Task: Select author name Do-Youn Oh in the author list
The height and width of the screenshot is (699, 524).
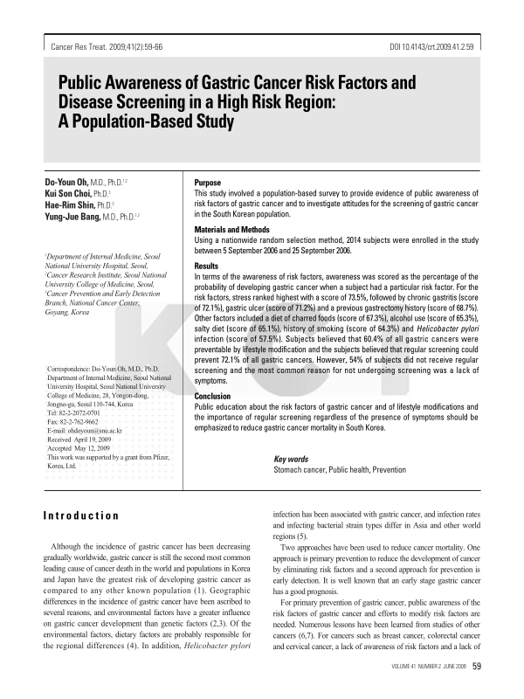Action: coord(74,181)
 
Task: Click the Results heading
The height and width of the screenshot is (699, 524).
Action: coord(206,265)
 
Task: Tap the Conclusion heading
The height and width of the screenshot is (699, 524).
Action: coord(212,396)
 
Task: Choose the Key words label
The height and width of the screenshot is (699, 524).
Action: coord(291,459)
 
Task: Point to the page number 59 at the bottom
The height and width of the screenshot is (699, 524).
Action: coord(477,667)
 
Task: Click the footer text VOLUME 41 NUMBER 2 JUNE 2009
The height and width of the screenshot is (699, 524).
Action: coord(417,668)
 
